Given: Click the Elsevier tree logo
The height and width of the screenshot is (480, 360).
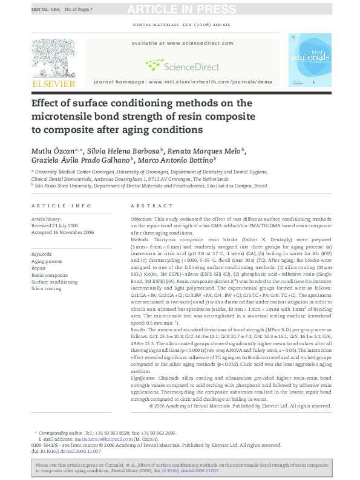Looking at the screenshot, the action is (x=53, y=59).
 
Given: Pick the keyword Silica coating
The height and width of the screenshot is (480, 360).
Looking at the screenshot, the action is (x=47, y=289).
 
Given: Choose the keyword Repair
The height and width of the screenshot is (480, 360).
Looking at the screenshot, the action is (x=39, y=268).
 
